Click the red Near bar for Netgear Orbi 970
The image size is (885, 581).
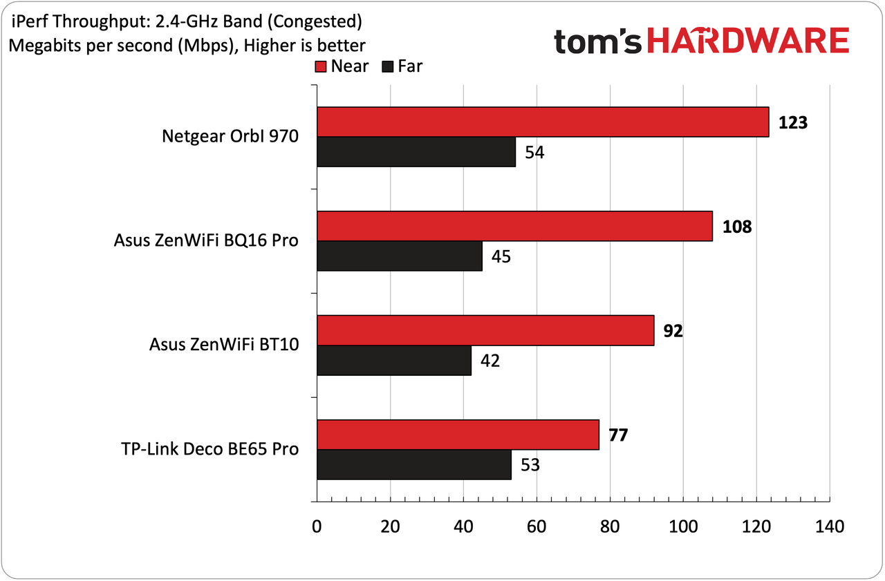543,122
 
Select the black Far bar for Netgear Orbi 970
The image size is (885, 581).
416,152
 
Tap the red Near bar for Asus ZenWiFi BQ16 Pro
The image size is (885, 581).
515,226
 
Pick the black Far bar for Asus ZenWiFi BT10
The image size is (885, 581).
394,361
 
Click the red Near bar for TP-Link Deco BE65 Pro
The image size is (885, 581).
458,435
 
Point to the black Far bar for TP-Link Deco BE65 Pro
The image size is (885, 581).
414,464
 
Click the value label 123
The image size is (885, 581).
793,122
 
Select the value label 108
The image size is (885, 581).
737,227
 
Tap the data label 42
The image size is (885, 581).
490,361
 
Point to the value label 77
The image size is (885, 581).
618,435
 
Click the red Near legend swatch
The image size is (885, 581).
320,67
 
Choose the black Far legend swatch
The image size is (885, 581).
388,67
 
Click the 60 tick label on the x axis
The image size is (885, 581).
537,526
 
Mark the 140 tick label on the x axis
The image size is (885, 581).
830,526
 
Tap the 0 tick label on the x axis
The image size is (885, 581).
317,526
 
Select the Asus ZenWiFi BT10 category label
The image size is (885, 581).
224,345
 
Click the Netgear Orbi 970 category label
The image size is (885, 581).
230,137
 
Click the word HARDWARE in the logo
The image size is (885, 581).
748,40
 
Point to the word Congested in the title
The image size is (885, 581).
315,21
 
